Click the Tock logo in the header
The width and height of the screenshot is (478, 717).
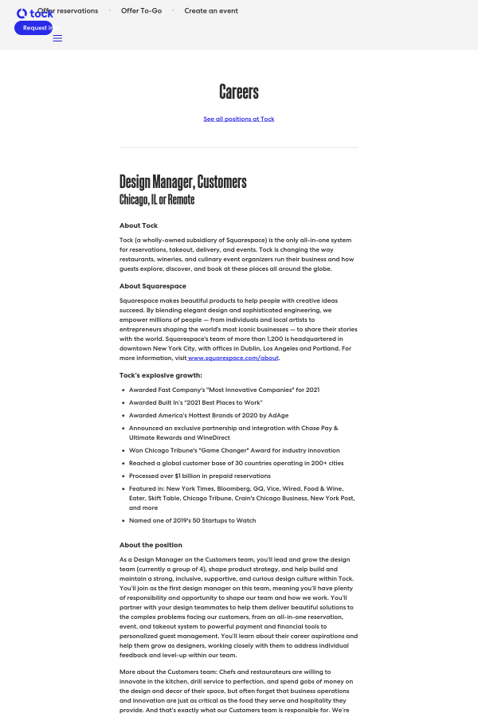tap(34, 13)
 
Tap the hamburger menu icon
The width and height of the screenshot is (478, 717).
tap(57, 38)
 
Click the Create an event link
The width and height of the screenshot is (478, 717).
tap(211, 11)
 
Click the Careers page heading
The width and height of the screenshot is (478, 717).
tap(239, 92)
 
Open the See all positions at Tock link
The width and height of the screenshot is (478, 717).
tap(239, 119)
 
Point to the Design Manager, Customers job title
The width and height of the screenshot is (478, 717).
tap(182, 182)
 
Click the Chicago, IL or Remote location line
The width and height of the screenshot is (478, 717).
tap(157, 199)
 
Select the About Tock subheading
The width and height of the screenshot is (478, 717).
tap(139, 225)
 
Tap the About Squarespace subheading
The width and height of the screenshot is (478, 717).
tap(153, 285)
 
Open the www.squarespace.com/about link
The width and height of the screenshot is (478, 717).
tap(233, 358)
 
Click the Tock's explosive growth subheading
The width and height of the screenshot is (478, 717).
tap(161, 374)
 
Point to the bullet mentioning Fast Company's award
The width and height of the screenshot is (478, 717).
tap(224, 390)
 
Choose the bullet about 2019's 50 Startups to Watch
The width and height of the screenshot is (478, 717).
tap(192, 520)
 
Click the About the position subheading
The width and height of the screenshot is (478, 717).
tap(151, 545)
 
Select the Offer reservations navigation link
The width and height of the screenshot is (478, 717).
tap(68, 11)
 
